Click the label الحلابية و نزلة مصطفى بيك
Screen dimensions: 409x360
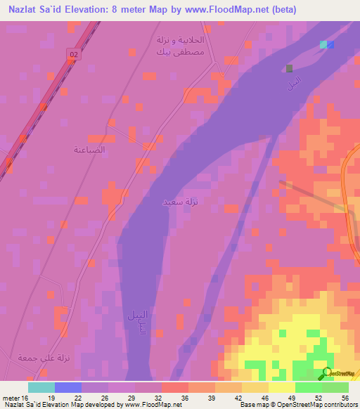coord(172,45)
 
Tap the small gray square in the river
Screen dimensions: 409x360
coord(289,68)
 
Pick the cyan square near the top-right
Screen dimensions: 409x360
coord(323,45)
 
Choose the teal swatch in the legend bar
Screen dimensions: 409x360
coord(41,387)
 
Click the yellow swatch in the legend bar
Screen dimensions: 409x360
coord(281,387)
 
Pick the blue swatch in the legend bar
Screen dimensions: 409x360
coord(68,387)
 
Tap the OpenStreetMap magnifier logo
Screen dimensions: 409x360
coord(326,374)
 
